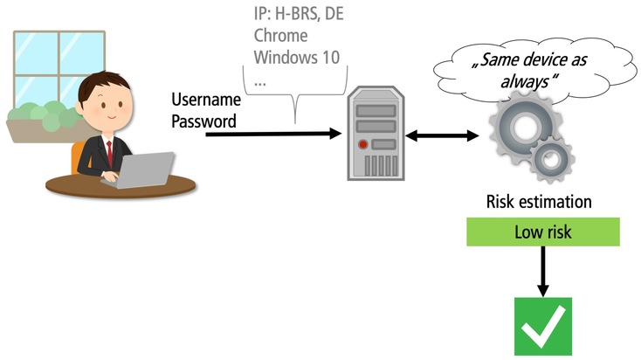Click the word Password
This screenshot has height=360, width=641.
(x=203, y=121)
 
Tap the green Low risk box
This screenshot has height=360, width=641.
(x=542, y=232)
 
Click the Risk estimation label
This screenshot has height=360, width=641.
(x=539, y=203)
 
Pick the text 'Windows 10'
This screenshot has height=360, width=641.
(x=297, y=59)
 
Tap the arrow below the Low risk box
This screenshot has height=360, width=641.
(x=542, y=272)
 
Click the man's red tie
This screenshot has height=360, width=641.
(x=109, y=149)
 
